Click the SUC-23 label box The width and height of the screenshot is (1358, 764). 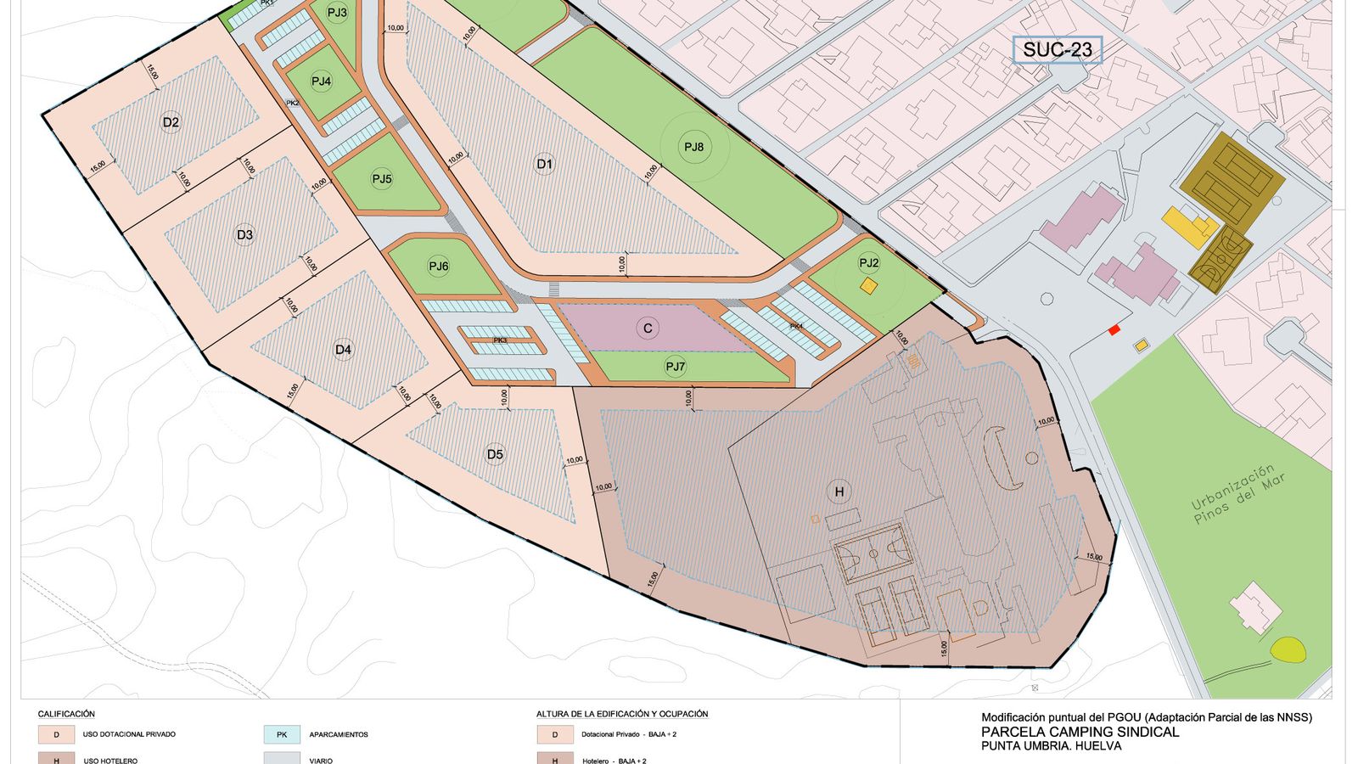point(1057,50)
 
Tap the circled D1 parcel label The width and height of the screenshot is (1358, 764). point(544,164)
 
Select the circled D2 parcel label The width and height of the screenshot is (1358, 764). point(171,122)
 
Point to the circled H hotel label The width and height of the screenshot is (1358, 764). point(839,492)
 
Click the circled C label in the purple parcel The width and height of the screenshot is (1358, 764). point(648,329)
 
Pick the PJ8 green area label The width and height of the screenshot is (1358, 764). point(693,147)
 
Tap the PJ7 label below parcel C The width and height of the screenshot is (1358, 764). point(675,367)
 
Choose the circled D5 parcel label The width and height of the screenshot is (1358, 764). point(495,454)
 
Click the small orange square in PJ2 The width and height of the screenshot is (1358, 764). point(868,286)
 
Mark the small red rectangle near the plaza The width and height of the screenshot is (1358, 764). point(1114,329)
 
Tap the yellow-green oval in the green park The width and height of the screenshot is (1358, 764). point(1288,650)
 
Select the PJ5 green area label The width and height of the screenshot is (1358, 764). point(382,179)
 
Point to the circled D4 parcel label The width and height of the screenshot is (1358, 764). point(343,349)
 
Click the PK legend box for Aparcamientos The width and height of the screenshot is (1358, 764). point(282,734)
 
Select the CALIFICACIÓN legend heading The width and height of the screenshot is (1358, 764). point(66,714)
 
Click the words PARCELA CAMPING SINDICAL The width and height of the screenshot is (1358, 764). point(1080,732)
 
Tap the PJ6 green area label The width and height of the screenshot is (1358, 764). point(438,267)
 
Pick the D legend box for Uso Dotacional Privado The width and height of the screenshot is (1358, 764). point(57,734)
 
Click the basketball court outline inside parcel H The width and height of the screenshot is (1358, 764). point(873,552)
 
